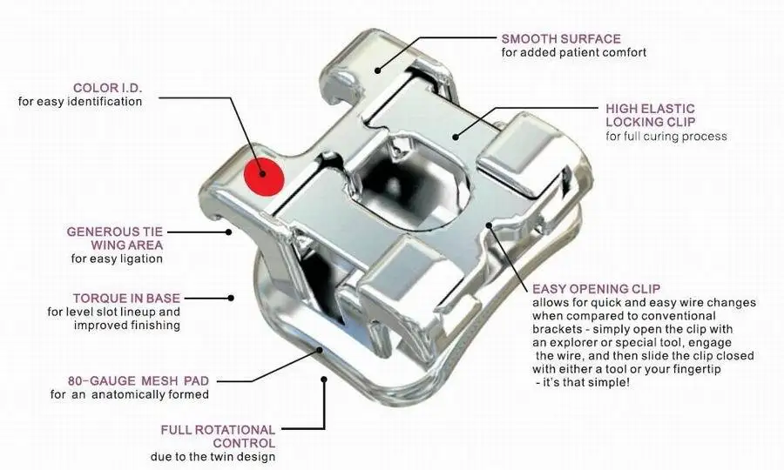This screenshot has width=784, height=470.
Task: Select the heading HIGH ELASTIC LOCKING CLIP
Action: pyautogui.click(x=650, y=115)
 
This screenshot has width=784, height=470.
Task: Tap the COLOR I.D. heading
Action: pyautogui.click(x=107, y=87)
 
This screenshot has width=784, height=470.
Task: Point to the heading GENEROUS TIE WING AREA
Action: pyautogui.click(x=114, y=238)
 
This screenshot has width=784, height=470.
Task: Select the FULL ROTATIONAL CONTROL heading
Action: pyautogui.click(x=218, y=436)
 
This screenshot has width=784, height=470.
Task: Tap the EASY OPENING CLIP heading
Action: pyautogui.click(x=596, y=288)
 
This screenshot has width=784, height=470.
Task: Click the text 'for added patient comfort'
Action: pyautogui.click(x=573, y=53)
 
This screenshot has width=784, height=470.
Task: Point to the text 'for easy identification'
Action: pyautogui.click(x=79, y=102)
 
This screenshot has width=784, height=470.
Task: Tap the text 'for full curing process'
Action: pyautogui.click(x=666, y=137)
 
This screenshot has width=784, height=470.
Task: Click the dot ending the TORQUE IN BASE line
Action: pyautogui.click(x=231, y=298)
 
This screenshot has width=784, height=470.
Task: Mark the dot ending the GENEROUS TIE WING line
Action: pyautogui.click(x=228, y=232)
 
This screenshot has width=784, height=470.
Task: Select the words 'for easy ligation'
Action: pyautogui.click(x=116, y=258)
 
